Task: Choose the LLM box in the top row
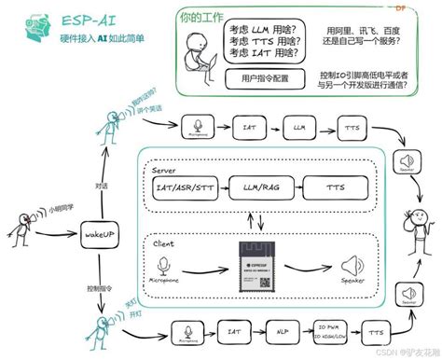(299, 124)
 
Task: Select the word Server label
(164, 170)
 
